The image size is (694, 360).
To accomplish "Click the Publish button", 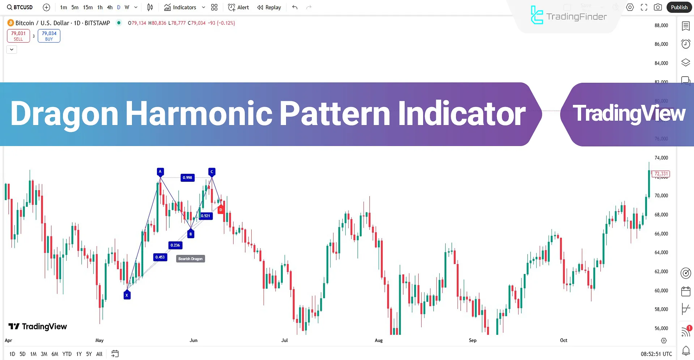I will click(679, 7).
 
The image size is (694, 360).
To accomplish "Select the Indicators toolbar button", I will click(180, 7).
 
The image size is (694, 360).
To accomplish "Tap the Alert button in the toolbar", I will click(239, 7).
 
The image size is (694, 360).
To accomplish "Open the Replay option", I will click(269, 7).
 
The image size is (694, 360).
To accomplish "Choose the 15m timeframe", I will click(88, 7).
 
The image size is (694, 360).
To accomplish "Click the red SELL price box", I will click(18, 36).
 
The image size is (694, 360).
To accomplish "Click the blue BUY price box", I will click(49, 36).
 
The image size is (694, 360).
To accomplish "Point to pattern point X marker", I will click(127, 295).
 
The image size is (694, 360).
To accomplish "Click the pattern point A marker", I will click(160, 172).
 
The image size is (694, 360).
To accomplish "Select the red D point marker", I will click(221, 209).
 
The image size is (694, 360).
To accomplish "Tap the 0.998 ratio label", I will click(187, 177).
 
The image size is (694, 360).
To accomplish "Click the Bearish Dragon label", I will click(190, 259).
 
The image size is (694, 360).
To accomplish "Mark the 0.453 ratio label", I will click(160, 257).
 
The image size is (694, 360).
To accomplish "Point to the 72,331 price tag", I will click(661, 174).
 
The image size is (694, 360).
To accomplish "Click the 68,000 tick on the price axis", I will click(661, 215).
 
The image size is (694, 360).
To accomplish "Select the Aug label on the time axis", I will click(379, 340).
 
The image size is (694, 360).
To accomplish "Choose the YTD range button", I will click(67, 354).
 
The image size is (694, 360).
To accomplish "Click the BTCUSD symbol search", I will click(20, 7).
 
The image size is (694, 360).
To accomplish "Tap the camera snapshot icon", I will click(658, 7).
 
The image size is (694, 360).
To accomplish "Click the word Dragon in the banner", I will click(64, 114).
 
